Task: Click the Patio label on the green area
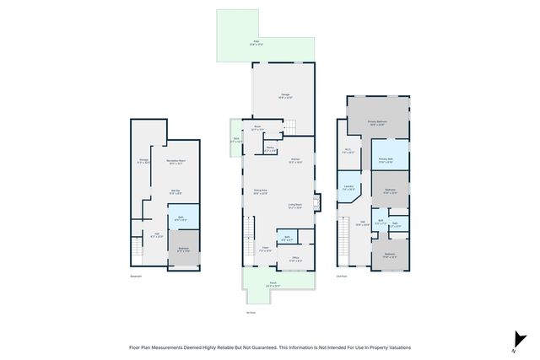point(256,41)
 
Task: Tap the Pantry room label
point(270,149)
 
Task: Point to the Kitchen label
point(296,160)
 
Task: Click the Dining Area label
point(261,192)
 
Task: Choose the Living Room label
point(295,205)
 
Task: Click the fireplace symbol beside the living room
point(316,202)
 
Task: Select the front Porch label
point(273,284)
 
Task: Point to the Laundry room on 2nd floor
point(348,188)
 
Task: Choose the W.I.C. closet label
point(348,152)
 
